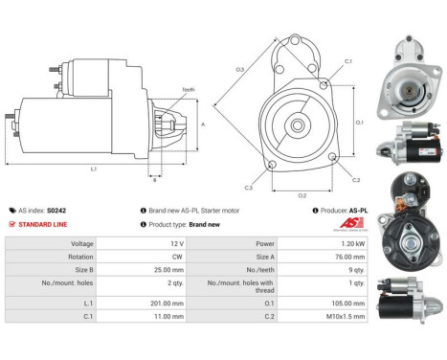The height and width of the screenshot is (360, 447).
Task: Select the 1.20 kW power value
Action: pyautogui.click(x=350, y=243)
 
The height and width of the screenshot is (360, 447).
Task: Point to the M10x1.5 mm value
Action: pyautogui.click(x=345, y=315)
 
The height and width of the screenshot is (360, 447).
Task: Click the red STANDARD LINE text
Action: pyautogui.click(x=42, y=223)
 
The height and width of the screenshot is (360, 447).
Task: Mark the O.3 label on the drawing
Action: pyautogui.click(x=240, y=69)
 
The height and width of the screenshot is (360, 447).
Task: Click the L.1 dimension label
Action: pyautogui.click(x=92, y=169)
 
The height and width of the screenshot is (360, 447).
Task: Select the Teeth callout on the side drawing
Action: pyautogui.click(x=188, y=90)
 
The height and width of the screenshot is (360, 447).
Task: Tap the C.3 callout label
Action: pyautogui.click(x=248, y=188)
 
